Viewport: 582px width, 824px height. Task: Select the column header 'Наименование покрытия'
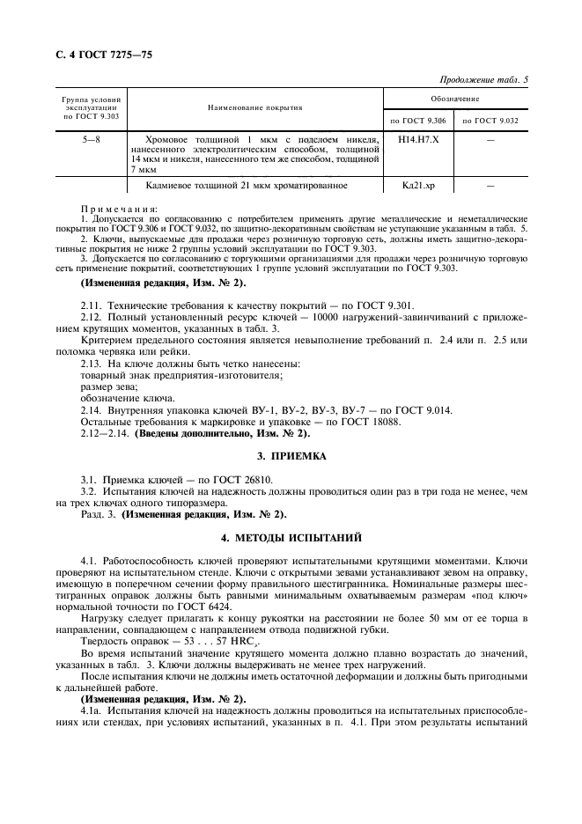pyautogui.click(x=255, y=107)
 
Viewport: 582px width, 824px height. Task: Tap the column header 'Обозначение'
pyautogui.click(x=455, y=99)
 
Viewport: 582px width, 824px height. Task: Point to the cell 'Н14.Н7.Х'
pyautogui.click(x=414, y=138)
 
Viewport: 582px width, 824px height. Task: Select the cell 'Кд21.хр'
pyautogui.click(x=414, y=186)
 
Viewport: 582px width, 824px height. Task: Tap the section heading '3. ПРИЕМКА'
pyautogui.click(x=291, y=457)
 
